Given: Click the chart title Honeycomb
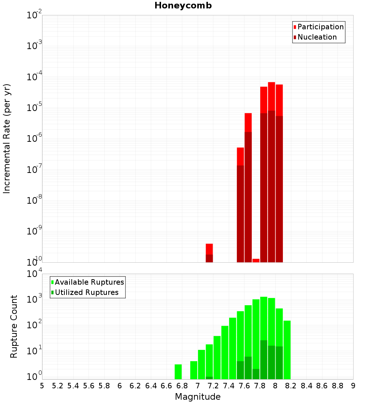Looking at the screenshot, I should tap(183, 5).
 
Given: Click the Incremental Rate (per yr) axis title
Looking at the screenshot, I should tap(7, 138).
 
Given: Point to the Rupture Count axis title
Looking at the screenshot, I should tap(14, 326).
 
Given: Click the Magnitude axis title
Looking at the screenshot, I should tap(198, 397).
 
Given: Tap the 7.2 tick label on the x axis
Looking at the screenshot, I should tap(213, 386).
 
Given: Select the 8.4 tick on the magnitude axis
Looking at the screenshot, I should tap(306, 386).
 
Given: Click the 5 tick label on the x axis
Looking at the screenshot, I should tap(42, 386).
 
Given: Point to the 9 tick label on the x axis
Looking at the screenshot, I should tap(353, 386).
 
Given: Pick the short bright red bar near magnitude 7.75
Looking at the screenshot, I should tap(256, 260).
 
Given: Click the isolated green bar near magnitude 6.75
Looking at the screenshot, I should tap(178, 371).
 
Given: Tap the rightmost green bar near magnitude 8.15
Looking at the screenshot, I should tap(287, 350).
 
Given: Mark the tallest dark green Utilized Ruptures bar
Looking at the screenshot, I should tap(264, 359).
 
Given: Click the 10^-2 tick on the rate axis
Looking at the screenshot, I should tap(34, 15).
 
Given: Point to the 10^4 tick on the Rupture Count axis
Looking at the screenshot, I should tap(35, 274).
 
